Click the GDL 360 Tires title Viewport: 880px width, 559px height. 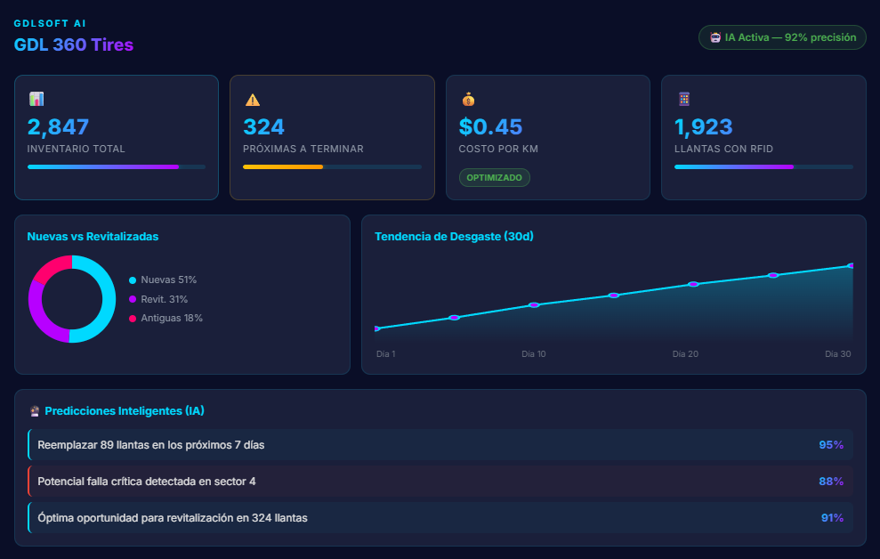(74, 45)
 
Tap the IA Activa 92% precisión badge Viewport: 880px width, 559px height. (782, 37)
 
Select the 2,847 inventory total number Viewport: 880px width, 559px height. (59, 126)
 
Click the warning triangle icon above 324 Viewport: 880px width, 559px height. (253, 100)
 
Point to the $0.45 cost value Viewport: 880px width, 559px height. (491, 126)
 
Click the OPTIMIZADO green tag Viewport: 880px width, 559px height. (495, 178)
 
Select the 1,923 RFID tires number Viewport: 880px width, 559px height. (704, 126)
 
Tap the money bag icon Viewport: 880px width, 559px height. (468, 100)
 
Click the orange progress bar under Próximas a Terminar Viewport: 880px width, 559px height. (283, 166)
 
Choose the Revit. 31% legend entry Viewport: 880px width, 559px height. (163, 299)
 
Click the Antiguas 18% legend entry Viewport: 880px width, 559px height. (170, 318)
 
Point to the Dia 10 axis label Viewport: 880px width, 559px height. (534, 354)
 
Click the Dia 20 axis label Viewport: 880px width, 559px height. (685, 354)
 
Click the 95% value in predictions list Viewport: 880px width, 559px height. (831, 444)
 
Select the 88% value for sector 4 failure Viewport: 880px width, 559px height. (831, 482)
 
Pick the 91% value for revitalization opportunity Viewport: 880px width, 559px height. (832, 517)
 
